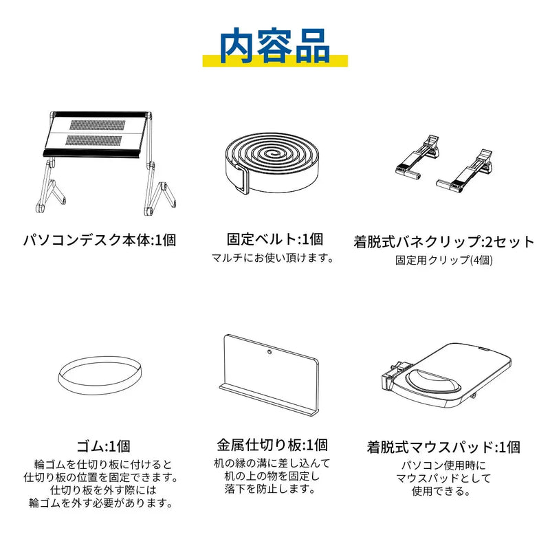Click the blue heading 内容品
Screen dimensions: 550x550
(274, 46)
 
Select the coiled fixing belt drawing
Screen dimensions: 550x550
(274, 163)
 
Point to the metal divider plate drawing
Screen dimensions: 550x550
(269, 375)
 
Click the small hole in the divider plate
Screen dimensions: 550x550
(269, 351)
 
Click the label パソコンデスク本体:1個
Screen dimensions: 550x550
(100, 240)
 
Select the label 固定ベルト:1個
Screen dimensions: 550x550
(274, 239)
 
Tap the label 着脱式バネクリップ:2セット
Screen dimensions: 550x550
(443, 242)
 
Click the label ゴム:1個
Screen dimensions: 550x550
(104, 446)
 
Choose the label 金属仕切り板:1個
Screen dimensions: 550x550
(272, 445)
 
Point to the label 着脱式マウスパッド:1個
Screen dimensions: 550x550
(443, 448)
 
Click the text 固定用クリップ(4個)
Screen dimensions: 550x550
(443, 260)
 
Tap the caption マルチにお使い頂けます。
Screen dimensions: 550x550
(272, 258)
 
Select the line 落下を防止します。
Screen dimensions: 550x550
(270, 489)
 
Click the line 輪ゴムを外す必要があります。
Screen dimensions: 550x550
(101, 503)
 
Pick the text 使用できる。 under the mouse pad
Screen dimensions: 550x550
(441, 491)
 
